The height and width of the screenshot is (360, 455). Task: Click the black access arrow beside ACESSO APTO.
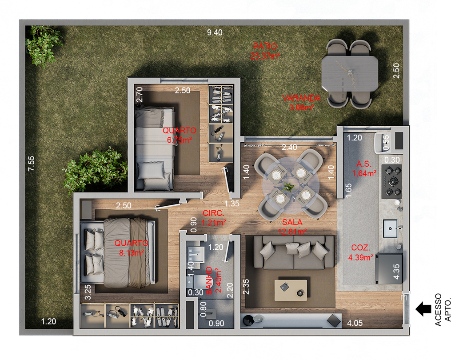pos(423,309)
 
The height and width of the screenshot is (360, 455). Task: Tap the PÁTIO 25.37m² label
pos(265,51)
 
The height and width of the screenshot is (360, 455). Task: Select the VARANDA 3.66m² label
pos(302,103)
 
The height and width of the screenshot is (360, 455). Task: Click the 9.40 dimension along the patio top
pos(215,32)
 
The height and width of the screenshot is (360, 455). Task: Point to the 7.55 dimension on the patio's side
pos(32,164)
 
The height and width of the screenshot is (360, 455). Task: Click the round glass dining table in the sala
pos(291,185)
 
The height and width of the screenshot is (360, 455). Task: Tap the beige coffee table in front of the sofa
pos(291,290)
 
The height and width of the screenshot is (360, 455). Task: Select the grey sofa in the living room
pos(294,252)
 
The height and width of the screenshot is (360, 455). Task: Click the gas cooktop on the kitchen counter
pos(391,182)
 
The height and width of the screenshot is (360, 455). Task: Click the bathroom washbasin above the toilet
pos(196,255)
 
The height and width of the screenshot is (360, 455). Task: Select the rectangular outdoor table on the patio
pos(350,74)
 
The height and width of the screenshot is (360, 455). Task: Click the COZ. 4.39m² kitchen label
pos(361,252)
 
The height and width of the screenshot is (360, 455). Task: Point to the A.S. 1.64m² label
pos(364,169)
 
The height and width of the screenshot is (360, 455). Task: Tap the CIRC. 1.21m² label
pos(214,218)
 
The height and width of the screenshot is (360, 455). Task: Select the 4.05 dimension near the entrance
pos(355,323)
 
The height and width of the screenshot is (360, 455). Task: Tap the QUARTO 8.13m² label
pos(132,248)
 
